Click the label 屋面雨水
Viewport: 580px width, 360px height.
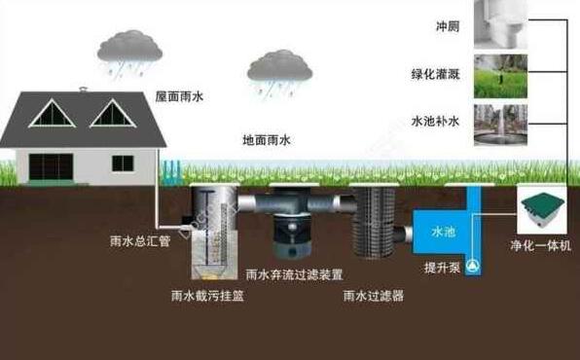point(182,96)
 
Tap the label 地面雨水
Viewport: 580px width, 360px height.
point(267,140)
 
